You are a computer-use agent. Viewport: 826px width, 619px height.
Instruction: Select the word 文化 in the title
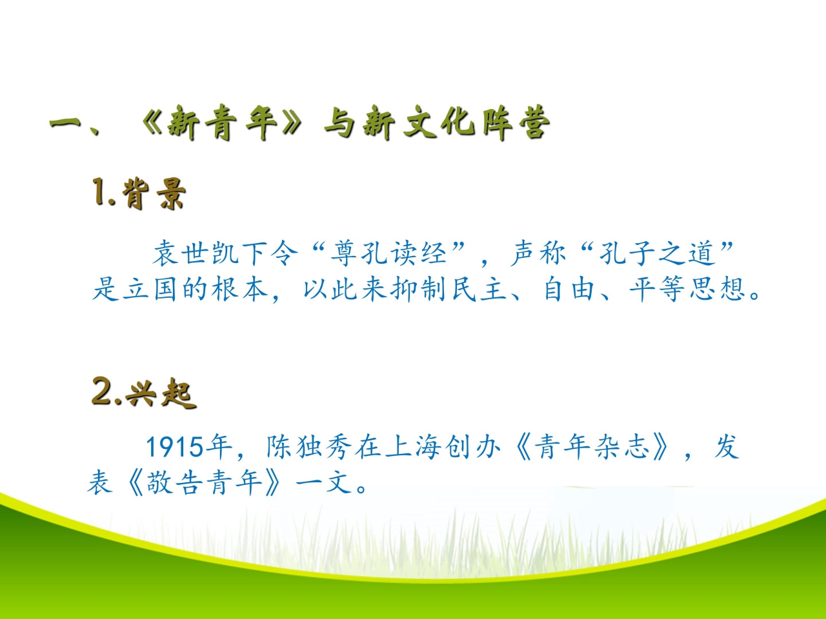[438, 122]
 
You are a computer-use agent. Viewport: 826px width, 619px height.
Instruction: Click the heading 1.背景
[139, 193]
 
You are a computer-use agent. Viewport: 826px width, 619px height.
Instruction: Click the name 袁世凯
[196, 253]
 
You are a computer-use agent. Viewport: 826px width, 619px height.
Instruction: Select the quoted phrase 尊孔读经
[388, 253]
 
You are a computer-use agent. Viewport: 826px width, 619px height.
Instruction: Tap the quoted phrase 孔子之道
[656, 253]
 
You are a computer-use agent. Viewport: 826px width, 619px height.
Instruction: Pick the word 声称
[538, 253]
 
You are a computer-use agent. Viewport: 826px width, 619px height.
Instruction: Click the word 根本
[239, 289]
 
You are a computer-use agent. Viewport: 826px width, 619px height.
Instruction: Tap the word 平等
[658, 289]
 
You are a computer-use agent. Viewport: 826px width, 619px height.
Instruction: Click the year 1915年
[188, 447]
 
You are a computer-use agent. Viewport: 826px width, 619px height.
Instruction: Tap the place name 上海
[413, 447]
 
